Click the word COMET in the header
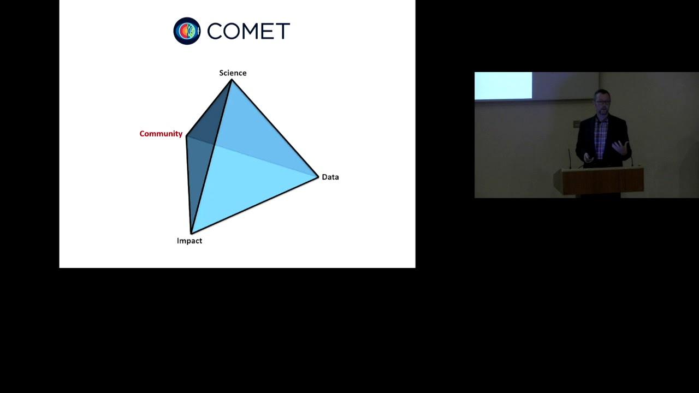(248, 31)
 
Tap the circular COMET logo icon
(187, 31)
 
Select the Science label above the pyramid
(233, 73)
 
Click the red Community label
(161, 134)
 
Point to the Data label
(330, 177)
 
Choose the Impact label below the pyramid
(189, 241)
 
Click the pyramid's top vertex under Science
(232, 80)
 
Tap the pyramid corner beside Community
(186, 136)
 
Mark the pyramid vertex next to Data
(318, 177)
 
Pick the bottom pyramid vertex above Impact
(191, 233)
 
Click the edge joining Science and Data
(275, 128)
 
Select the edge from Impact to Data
(254, 205)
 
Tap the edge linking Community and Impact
(189, 184)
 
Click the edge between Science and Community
(209, 108)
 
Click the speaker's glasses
(602, 102)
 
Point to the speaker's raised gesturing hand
(621, 148)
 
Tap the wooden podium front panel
(603, 182)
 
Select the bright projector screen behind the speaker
(503, 86)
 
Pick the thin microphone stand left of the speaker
(570, 159)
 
